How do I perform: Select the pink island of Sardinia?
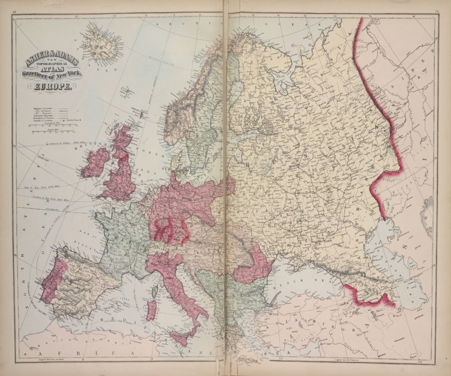click(x=152, y=311)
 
